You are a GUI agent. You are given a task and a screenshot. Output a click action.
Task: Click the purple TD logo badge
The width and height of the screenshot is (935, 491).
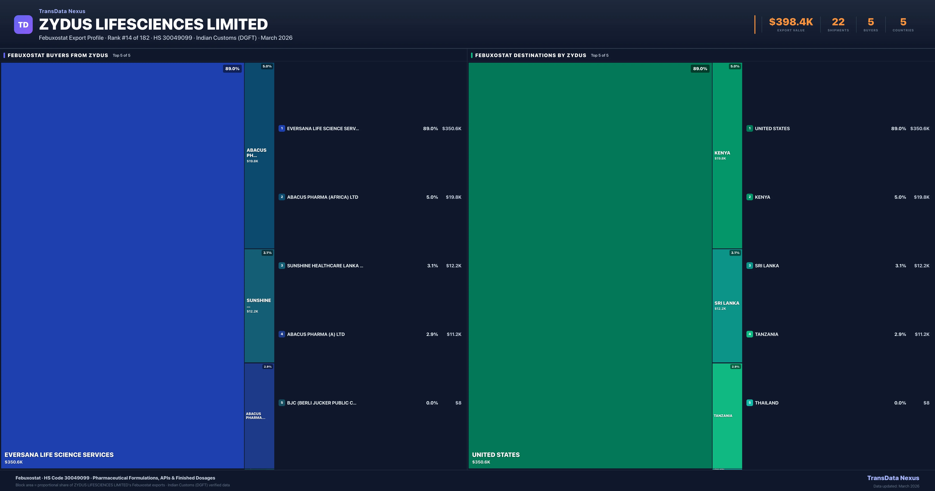pyautogui.click(x=23, y=25)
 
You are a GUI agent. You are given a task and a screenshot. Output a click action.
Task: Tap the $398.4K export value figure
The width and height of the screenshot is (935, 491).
pyautogui.click(x=791, y=22)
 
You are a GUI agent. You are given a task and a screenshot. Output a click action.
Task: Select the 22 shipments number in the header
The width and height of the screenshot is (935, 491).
pyautogui.click(x=838, y=22)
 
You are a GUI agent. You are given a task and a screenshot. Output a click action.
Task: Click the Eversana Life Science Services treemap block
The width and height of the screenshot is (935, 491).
pyautogui.click(x=122, y=265)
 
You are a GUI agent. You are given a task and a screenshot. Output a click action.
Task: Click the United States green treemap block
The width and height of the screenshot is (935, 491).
pyautogui.click(x=590, y=265)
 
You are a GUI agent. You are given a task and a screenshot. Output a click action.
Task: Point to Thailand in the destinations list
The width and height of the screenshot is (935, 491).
pyautogui.click(x=767, y=403)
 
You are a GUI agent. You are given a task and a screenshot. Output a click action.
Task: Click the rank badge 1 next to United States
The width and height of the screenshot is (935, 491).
pyautogui.click(x=750, y=128)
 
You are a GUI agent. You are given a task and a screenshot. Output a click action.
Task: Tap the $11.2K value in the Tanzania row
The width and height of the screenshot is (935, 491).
pyautogui.click(x=922, y=334)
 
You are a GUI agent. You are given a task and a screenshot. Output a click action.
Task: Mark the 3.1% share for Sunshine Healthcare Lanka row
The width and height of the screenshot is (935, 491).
pyautogui.click(x=432, y=266)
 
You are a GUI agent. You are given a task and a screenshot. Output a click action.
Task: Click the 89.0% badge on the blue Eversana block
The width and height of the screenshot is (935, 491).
pyautogui.click(x=232, y=69)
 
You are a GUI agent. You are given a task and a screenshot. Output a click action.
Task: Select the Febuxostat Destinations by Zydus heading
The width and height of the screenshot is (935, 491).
pyautogui.click(x=530, y=55)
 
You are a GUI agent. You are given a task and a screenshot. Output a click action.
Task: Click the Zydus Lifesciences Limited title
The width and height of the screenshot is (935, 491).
pyautogui.click(x=153, y=24)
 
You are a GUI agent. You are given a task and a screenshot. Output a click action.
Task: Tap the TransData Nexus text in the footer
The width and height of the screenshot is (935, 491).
pyautogui.click(x=893, y=478)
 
